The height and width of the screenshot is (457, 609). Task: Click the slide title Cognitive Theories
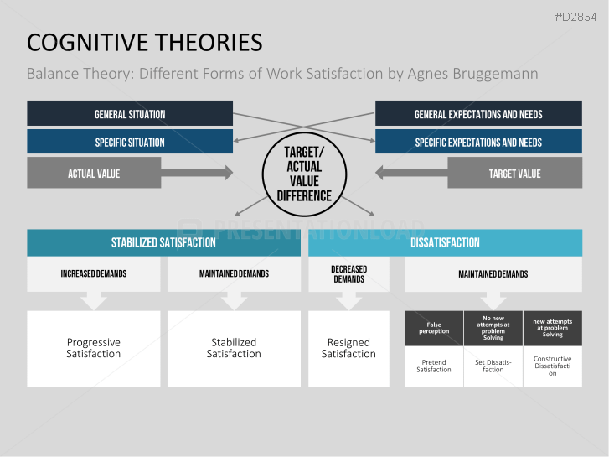pos(144,43)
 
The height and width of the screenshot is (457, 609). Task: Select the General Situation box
pos(130,114)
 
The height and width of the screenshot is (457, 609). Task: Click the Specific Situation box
pos(130,142)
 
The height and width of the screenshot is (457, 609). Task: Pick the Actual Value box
pos(94,174)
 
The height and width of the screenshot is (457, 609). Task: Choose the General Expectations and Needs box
pos(478,114)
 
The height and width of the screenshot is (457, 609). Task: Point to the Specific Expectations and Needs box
pos(478,142)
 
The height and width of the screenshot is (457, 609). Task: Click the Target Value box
pos(514,174)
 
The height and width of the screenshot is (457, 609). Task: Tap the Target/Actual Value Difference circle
pos(304,174)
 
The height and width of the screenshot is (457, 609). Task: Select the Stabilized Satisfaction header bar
pos(163,242)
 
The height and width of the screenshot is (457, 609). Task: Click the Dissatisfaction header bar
pos(445,242)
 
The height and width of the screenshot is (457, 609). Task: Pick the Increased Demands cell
pos(94,273)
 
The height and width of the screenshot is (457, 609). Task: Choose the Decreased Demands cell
pos(348,273)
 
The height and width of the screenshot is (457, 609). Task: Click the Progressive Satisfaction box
pos(94,348)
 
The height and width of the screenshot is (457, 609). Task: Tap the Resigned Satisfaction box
pos(348,348)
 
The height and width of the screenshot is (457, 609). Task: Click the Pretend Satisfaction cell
pos(434,366)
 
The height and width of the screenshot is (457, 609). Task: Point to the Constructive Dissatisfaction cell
pos(552,366)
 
